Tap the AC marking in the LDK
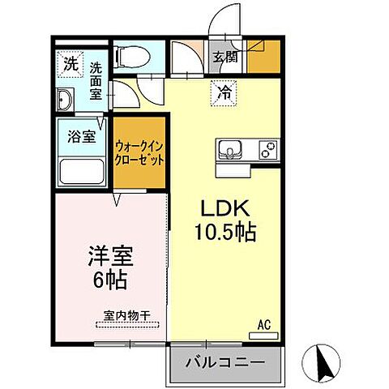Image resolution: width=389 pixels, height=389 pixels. coord(263,325)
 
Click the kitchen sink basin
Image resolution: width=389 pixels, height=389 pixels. coord(231,151)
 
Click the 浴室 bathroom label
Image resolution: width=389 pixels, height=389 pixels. coord(83,136)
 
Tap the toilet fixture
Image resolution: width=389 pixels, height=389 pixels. coord(131,58)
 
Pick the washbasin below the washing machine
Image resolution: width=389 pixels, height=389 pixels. coord(65,100)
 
